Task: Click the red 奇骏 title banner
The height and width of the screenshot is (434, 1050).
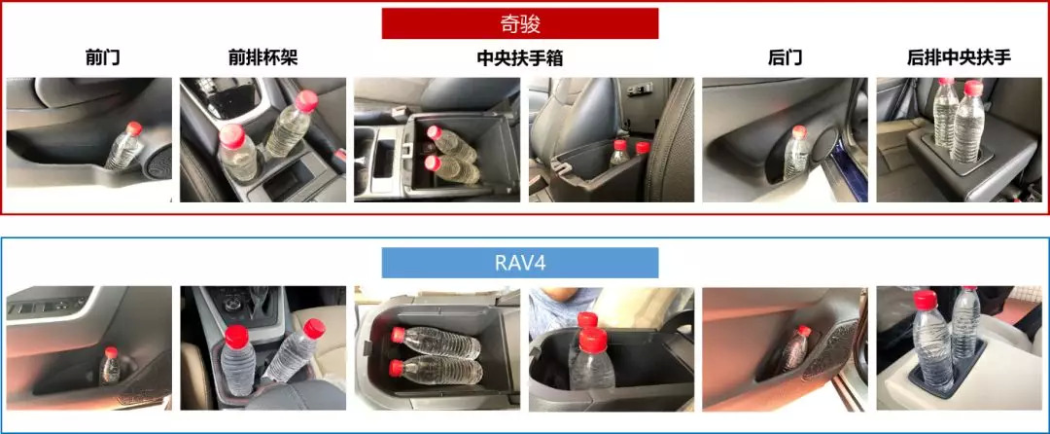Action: coord(519,23)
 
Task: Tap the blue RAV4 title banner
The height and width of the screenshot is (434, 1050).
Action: coord(519,263)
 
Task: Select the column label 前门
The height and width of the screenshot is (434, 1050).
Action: coord(103,58)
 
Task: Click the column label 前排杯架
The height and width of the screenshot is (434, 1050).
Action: coord(262,58)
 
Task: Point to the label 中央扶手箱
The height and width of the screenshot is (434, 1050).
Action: coord(519,58)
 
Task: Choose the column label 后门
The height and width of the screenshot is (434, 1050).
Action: coord(785,58)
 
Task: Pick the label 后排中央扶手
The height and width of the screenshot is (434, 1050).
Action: coord(959,58)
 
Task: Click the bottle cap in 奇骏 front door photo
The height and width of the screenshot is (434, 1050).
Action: coord(134,127)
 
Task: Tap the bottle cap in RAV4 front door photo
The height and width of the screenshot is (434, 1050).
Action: coord(111,352)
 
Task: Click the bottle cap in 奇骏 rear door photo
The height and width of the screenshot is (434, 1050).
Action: coord(799,132)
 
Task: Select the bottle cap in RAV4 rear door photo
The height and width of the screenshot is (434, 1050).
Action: coord(804,331)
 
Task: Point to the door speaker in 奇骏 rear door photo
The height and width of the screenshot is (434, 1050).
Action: coord(825,144)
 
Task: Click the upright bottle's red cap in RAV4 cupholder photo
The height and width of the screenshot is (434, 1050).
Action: coord(236,337)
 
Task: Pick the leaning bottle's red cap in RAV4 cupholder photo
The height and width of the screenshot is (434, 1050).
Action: coord(314,328)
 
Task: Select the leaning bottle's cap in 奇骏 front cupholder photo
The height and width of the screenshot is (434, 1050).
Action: coord(306,100)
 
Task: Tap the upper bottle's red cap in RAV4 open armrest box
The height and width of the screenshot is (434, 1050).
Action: coord(399,334)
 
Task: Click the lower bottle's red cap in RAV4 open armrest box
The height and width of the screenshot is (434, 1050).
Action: coord(397,368)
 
